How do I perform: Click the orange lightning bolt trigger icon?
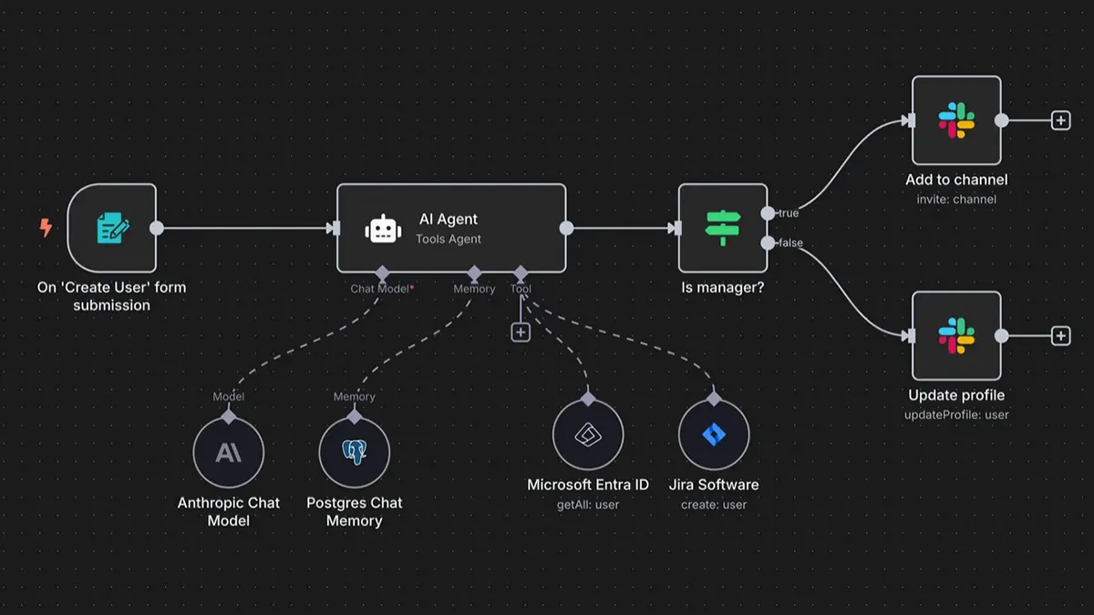pyautogui.click(x=46, y=228)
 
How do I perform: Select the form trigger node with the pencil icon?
pyautogui.click(x=112, y=228)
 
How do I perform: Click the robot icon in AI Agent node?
pyautogui.click(x=383, y=229)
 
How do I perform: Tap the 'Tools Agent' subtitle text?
pyautogui.click(x=449, y=240)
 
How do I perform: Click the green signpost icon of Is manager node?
pyautogui.click(x=723, y=228)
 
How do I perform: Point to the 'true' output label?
pyautogui.click(x=788, y=213)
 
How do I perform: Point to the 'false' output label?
pyautogui.click(x=790, y=242)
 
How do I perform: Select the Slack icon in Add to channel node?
pyautogui.click(x=956, y=120)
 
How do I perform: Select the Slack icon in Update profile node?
pyautogui.click(x=956, y=335)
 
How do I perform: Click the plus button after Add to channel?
pyautogui.click(x=1060, y=120)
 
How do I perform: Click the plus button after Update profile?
pyautogui.click(x=1060, y=336)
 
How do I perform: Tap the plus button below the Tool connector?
pyautogui.click(x=521, y=333)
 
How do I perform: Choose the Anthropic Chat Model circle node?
pyautogui.click(x=229, y=453)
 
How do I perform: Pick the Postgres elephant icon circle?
pyautogui.click(x=355, y=453)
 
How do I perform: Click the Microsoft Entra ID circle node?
pyautogui.click(x=588, y=435)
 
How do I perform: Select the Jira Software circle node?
pyautogui.click(x=714, y=435)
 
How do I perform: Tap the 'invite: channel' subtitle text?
pyautogui.click(x=956, y=200)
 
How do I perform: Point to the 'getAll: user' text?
pyautogui.click(x=588, y=504)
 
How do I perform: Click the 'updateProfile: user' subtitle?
pyautogui.click(x=956, y=415)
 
